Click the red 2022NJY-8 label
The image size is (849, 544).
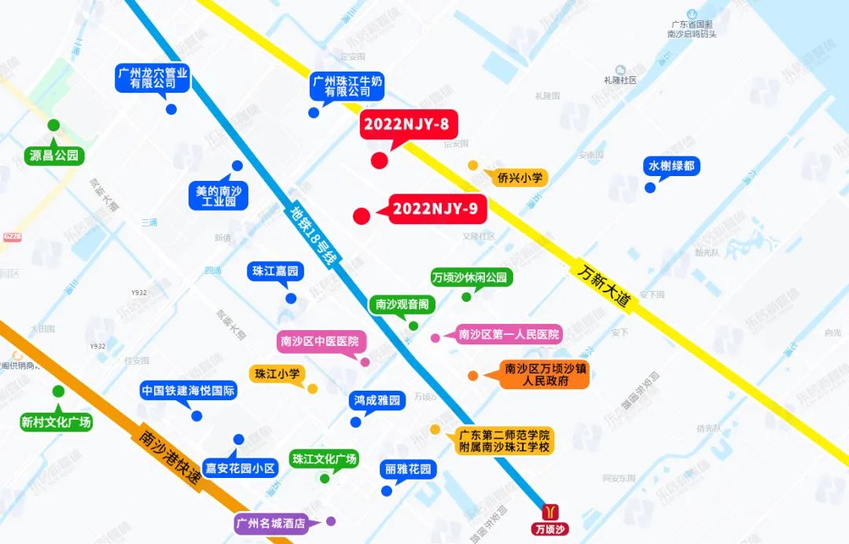408,124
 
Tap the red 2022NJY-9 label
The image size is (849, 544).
438,209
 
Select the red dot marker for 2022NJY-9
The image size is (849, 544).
362,216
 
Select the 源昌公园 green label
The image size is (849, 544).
54,156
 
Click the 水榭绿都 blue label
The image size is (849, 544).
671,167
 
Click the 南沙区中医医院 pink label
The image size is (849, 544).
318,342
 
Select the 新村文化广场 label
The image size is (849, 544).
56,422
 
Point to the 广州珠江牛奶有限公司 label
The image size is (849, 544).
348,86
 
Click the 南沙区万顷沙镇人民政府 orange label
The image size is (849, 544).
546,375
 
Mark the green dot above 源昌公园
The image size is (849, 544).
53,125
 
